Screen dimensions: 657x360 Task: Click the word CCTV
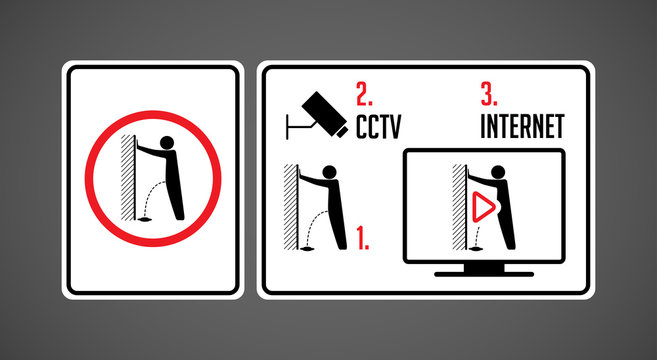pyautogui.click(x=378, y=127)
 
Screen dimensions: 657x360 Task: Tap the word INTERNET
pyautogui.click(x=522, y=127)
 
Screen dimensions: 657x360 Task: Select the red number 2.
pyautogui.click(x=364, y=94)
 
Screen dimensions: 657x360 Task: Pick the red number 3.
pyautogui.click(x=489, y=94)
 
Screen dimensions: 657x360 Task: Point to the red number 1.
pyautogui.click(x=363, y=238)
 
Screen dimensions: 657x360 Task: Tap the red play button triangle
pyautogui.click(x=484, y=207)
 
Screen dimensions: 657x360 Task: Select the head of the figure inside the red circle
pyautogui.click(x=167, y=143)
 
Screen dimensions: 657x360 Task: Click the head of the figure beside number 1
pyautogui.click(x=329, y=172)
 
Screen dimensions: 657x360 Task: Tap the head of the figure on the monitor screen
pyautogui.click(x=498, y=172)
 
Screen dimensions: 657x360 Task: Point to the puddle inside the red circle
pyautogui.click(x=145, y=219)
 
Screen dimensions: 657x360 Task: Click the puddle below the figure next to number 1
pyautogui.click(x=307, y=249)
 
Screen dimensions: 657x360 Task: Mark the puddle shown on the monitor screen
pyautogui.click(x=476, y=249)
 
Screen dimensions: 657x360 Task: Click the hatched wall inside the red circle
pyautogui.click(x=128, y=177)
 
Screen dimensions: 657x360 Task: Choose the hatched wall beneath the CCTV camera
pyautogui.click(x=291, y=207)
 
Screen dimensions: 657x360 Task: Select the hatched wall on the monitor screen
pyautogui.click(x=460, y=207)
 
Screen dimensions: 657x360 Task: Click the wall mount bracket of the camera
pyautogui.click(x=298, y=125)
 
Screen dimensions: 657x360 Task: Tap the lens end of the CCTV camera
pyautogui.click(x=341, y=131)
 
